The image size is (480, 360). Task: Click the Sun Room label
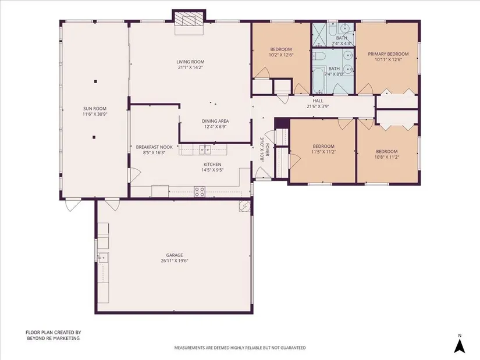[x=95, y=108]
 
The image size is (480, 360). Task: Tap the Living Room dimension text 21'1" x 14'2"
[x=190, y=67]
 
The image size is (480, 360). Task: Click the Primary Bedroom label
[x=388, y=54]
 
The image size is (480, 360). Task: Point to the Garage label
[x=175, y=255]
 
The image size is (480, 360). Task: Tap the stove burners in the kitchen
[x=200, y=191]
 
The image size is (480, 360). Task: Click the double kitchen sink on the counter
[x=205, y=149]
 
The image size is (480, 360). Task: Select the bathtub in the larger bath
[x=319, y=80]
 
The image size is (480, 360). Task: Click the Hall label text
[x=318, y=101]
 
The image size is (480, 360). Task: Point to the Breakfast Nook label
[x=154, y=147]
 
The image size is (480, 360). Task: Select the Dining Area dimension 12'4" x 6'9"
[x=215, y=126]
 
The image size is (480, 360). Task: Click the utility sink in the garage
[x=103, y=258]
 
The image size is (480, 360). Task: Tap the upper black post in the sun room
[x=95, y=81]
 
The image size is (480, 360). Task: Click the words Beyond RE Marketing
[x=54, y=338]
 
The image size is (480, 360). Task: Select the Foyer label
[x=267, y=150]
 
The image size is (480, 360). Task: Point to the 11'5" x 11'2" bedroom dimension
[x=323, y=152]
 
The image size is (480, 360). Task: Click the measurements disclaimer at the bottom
[x=240, y=348]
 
